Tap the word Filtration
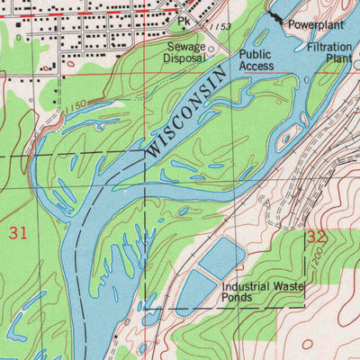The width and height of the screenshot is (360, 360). (x=328, y=46)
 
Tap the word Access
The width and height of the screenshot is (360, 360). (x=256, y=67)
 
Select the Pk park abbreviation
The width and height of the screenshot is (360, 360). (x=184, y=20)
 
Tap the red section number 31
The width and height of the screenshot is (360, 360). (x=18, y=233)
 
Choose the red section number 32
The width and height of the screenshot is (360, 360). (x=316, y=238)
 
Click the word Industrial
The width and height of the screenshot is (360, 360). (x=250, y=286)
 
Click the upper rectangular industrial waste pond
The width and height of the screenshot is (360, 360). (x=220, y=258)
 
